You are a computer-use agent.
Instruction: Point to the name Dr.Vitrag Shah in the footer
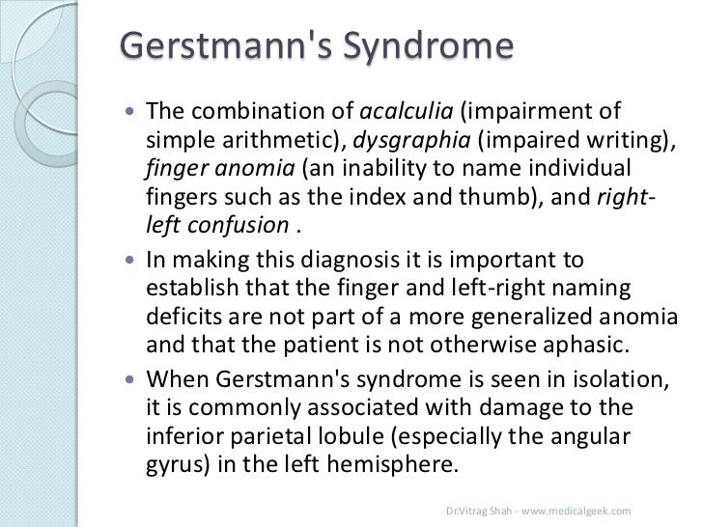point(477,509)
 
